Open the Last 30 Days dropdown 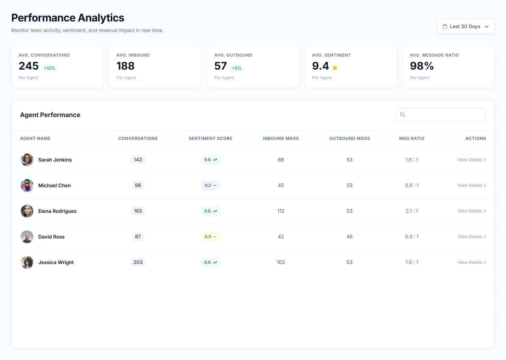pyautogui.click(x=465, y=26)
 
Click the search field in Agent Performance pyautogui.click(x=441, y=115)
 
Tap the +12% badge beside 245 pyautogui.click(x=49, y=68)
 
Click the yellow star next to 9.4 pyautogui.click(x=335, y=68)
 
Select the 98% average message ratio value pyautogui.click(x=422, y=66)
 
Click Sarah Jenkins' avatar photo pyautogui.click(x=27, y=160)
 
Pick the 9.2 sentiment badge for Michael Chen pyautogui.click(x=210, y=185)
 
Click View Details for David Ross pyautogui.click(x=472, y=237)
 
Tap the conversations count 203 pyautogui.click(x=138, y=262)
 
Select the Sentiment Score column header pyautogui.click(x=210, y=139)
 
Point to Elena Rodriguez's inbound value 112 pyautogui.click(x=281, y=211)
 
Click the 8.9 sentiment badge pyautogui.click(x=210, y=237)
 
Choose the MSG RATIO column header pyautogui.click(x=411, y=139)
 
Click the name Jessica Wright pyautogui.click(x=56, y=262)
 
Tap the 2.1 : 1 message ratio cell pyautogui.click(x=411, y=211)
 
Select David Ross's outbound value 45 pyautogui.click(x=349, y=237)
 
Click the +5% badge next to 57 pyautogui.click(x=236, y=68)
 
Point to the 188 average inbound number pyautogui.click(x=125, y=66)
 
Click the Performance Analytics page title pyautogui.click(x=68, y=18)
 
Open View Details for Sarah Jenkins pyautogui.click(x=472, y=160)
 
